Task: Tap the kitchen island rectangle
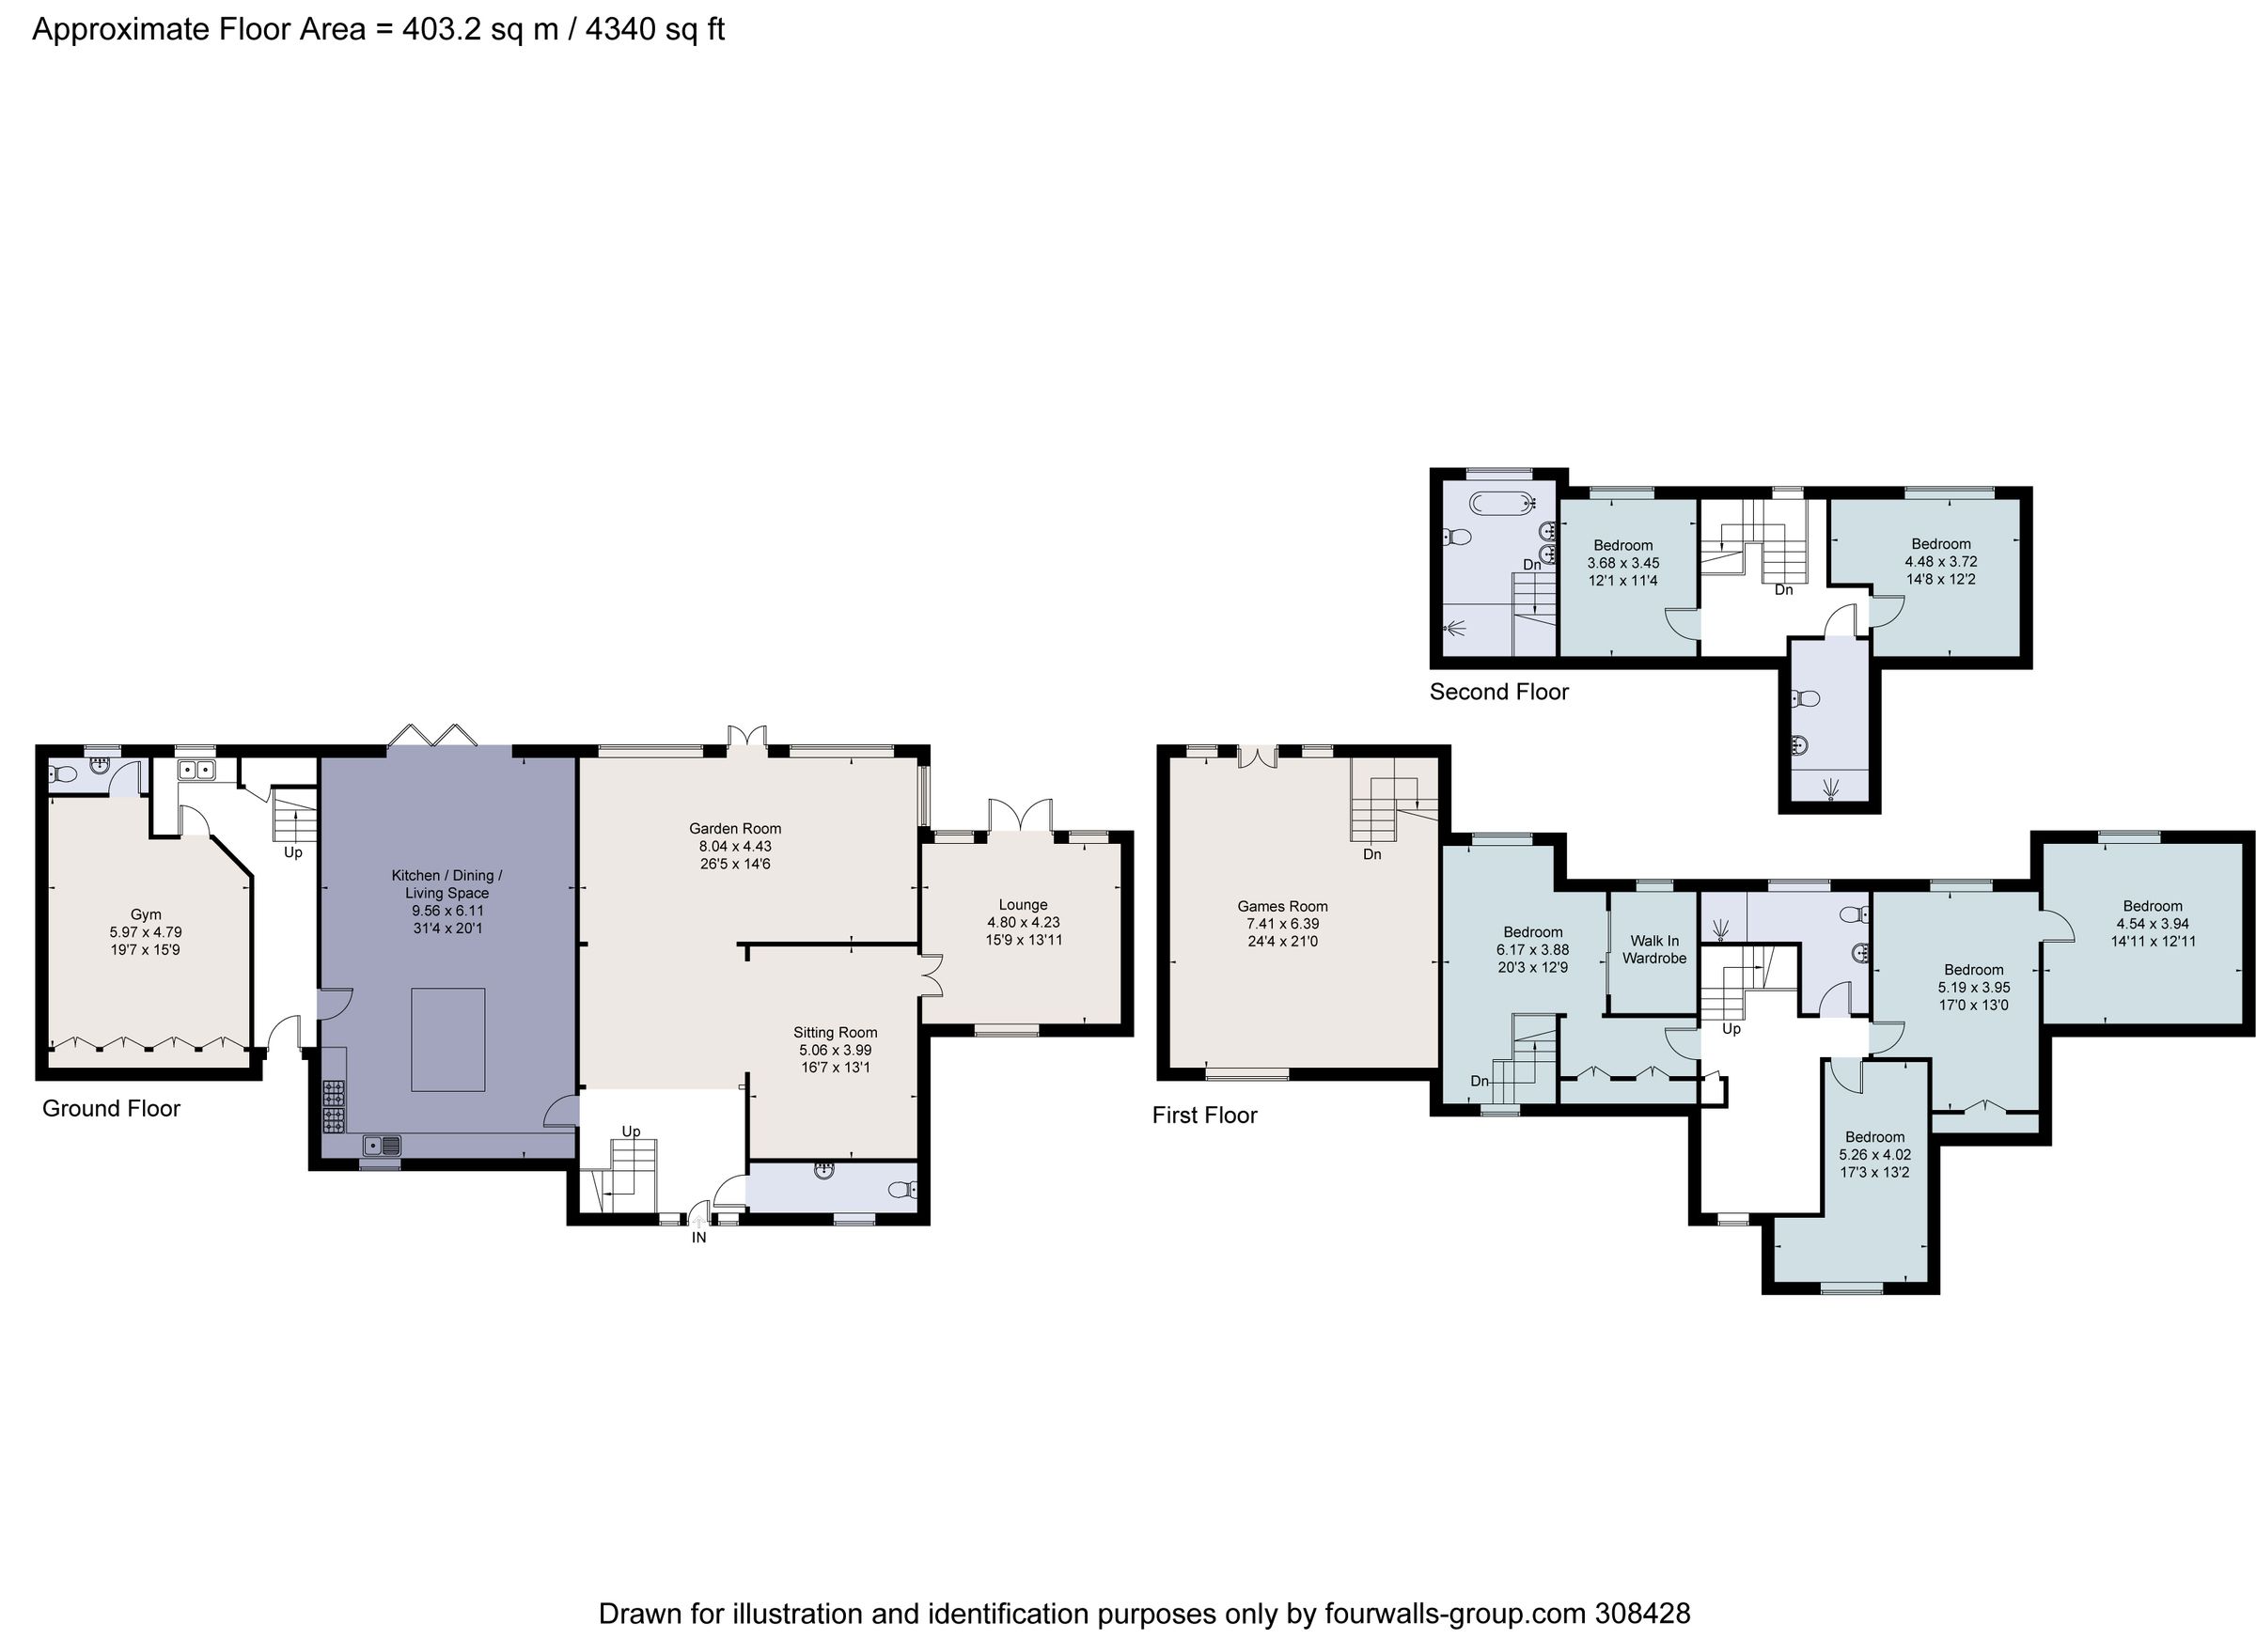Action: coord(447,1039)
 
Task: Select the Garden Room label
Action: coord(735,829)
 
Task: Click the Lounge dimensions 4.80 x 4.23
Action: coord(1023,922)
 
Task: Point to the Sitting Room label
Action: coord(835,1032)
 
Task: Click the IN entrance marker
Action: coord(699,1237)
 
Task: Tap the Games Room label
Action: coord(1282,906)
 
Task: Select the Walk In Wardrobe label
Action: coord(1654,949)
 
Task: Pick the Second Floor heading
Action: coord(1498,693)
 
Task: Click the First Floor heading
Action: coord(1203,1115)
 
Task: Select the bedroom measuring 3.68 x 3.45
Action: coord(1622,562)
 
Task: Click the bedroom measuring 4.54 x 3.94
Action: coord(2153,923)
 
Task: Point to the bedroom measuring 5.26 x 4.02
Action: coord(1875,1155)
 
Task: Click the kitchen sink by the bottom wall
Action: coord(381,1145)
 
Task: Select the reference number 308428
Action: coord(1641,1613)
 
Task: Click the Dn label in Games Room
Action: coord(1371,854)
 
